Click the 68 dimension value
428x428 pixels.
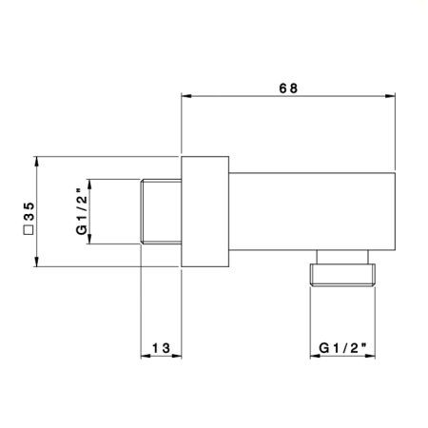tap(288, 88)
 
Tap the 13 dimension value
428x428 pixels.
tap(162, 348)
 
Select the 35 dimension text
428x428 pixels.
tap(29, 211)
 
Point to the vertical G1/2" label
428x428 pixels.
tap(81, 211)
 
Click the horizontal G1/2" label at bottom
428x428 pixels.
tap(342, 348)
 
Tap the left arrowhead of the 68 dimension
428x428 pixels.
tap(186, 96)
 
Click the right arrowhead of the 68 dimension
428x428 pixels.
tap(390, 96)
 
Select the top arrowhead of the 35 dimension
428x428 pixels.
tap(37, 162)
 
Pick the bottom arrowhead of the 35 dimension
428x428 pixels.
tap(37, 262)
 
